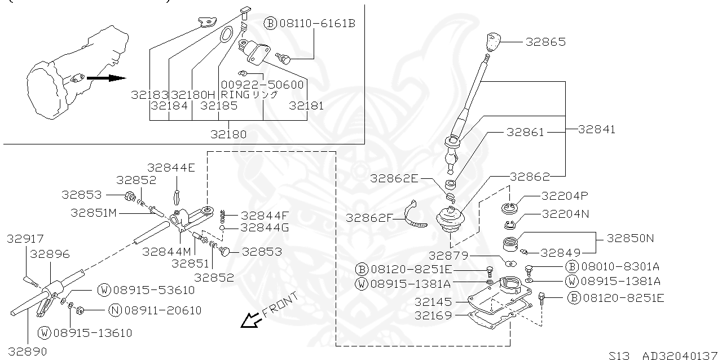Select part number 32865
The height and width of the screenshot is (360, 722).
click(545, 42)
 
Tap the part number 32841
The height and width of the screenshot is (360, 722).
click(597, 129)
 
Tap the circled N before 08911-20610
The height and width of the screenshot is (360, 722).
click(115, 310)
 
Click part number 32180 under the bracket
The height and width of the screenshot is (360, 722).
click(228, 134)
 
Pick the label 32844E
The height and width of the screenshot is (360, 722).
click(171, 168)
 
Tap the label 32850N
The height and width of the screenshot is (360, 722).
click(631, 238)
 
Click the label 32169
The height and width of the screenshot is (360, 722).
click(433, 315)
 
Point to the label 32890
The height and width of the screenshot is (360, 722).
click(27, 351)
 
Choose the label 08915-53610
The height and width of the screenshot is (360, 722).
click(153, 290)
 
